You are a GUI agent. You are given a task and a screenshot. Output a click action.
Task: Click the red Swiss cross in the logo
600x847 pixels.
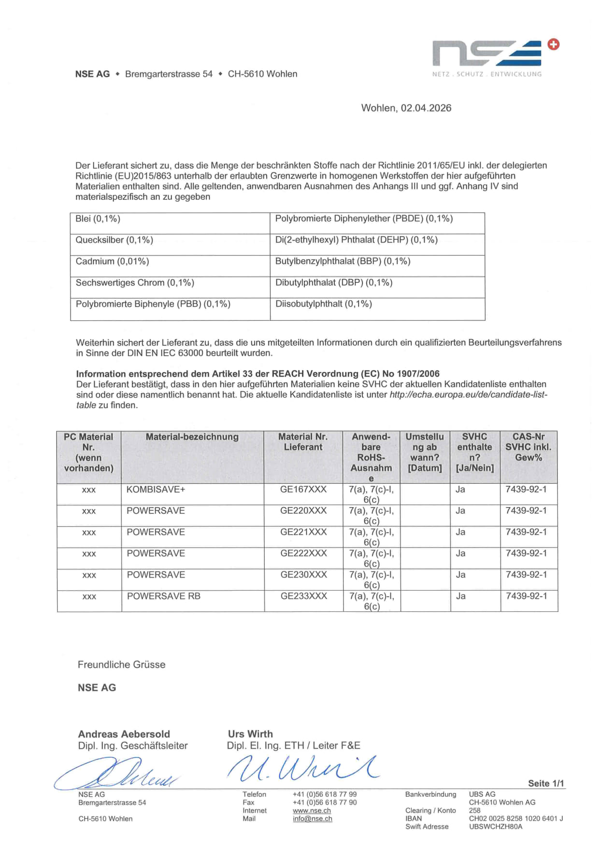pos(554,44)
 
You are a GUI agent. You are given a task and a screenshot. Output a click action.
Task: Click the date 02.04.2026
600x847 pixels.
pos(426,108)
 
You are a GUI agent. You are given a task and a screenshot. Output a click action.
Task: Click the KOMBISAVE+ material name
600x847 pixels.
pos(156,490)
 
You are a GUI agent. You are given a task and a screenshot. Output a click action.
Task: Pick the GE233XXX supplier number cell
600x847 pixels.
pos(303,596)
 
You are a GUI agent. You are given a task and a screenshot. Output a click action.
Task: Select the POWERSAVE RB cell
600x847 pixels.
pos(163,596)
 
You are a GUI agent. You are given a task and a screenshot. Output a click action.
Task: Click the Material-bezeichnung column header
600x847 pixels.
pos(192,437)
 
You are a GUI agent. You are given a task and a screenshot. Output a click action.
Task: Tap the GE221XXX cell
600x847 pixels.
pos(303,532)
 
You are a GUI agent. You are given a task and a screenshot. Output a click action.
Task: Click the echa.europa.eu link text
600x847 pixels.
pos(468,395)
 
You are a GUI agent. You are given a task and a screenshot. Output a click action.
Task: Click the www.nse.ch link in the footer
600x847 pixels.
pos(312,811)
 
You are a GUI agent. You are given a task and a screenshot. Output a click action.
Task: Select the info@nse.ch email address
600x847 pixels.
pos(312,819)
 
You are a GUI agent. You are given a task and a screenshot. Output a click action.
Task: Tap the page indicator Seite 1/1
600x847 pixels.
pos(545,784)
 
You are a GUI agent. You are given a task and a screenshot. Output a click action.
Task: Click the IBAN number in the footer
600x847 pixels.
pos(515,819)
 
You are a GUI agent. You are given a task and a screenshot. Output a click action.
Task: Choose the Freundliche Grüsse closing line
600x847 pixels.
pos(121,665)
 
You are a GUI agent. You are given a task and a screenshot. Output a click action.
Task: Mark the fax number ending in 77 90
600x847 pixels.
pos(324,803)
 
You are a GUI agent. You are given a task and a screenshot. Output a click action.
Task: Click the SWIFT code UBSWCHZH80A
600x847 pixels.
pos(495,827)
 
